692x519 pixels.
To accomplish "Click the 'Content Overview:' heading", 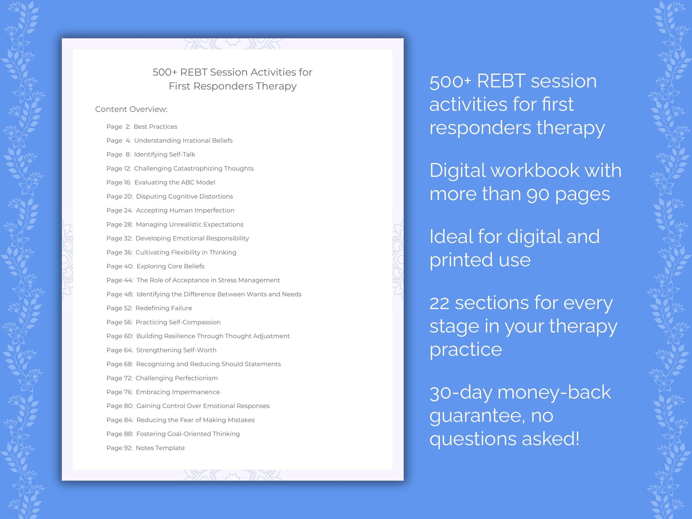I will coord(131,109).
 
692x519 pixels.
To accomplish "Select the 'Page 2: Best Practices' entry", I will coord(142,127).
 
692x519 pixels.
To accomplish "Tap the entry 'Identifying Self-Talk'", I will coord(164,154).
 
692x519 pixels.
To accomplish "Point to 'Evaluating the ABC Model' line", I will coord(175,182).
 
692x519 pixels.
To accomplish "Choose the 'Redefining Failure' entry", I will coord(164,308).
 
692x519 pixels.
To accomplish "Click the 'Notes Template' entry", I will coord(160,448).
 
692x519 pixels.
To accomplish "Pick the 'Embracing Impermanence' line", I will coord(177,392).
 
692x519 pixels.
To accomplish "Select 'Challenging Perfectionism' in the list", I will coord(176,378).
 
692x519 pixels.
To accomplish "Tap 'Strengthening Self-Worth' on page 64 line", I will coord(176,350).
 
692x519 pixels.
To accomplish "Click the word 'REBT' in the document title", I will coord(193,72).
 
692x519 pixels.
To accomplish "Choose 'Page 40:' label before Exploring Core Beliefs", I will coord(120,266).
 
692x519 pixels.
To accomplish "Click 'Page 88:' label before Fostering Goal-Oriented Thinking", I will coord(120,434).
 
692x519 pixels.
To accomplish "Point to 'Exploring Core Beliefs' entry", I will coord(170,266).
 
